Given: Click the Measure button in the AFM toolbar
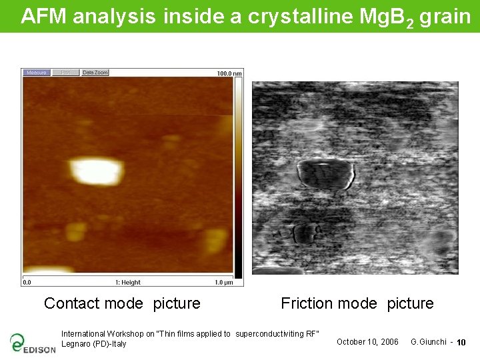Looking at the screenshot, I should (x=36, y=73).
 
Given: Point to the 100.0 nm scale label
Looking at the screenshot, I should (x=229, y=73).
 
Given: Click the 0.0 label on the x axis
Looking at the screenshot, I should (x=27, y=283).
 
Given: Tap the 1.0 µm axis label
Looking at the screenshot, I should (x=223, y=283).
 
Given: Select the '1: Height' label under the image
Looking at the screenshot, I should (x=128, y=283).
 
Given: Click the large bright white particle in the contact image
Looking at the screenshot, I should (x=97, y=171).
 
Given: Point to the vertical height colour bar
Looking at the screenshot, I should (x=238, y=177).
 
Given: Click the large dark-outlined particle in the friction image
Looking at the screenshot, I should (x=325, y=175).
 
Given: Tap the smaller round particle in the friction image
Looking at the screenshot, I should (x=305, y=233).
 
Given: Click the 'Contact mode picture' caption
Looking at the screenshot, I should (x=122, y=303).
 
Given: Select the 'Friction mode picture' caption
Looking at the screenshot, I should (x=357, y=303).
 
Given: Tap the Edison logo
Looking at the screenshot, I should (x=32, y=343).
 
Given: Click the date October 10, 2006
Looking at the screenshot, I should (x=367, y=342).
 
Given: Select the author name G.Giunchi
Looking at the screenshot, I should (x=428, y=342).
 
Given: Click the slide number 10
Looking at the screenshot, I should (x=461, y=343).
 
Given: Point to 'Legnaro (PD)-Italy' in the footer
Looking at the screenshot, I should (x=93, y=344).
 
